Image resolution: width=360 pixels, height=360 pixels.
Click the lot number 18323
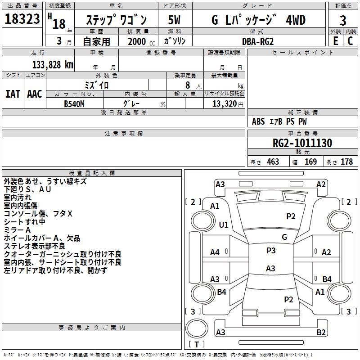pyautogui.click(x=22, y=20)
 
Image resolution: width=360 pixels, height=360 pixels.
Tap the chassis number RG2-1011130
pyautogui.click(x=302, y=144)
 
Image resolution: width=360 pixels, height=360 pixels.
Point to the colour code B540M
pyautogui.click(x=74, y=103)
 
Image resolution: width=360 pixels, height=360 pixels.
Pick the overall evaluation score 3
pyautogui.click(x=343, y=21)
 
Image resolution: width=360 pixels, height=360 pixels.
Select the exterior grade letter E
pyautogui.click(x=335, y=41)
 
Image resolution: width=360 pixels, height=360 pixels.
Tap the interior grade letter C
pyautogui.click(x=350, y=41)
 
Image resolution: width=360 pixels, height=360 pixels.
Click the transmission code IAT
pyautogui.click(x=13, y=94)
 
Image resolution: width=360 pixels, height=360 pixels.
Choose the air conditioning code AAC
pyautogui.click(x=34, y=94)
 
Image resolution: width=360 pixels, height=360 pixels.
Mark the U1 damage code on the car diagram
pyautogui.click(x=224, y=225)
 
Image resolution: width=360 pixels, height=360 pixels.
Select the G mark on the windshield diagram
pyautogui.click(x=284, y=237)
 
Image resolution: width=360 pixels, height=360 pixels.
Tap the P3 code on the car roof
pyautogui.click(x=271, y=251)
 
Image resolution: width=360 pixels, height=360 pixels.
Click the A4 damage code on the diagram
pyautogui.click(x=215, y=252)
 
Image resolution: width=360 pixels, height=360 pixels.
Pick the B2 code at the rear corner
pyautogui.click(x=321, y=333)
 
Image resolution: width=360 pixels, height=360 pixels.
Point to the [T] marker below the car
pyautogui.click(x=197, y=345)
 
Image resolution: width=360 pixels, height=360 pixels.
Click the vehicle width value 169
pyautogui.click(x=310, y=162)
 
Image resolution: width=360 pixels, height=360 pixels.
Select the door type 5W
pyautogui.click(x=175, y=20)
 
